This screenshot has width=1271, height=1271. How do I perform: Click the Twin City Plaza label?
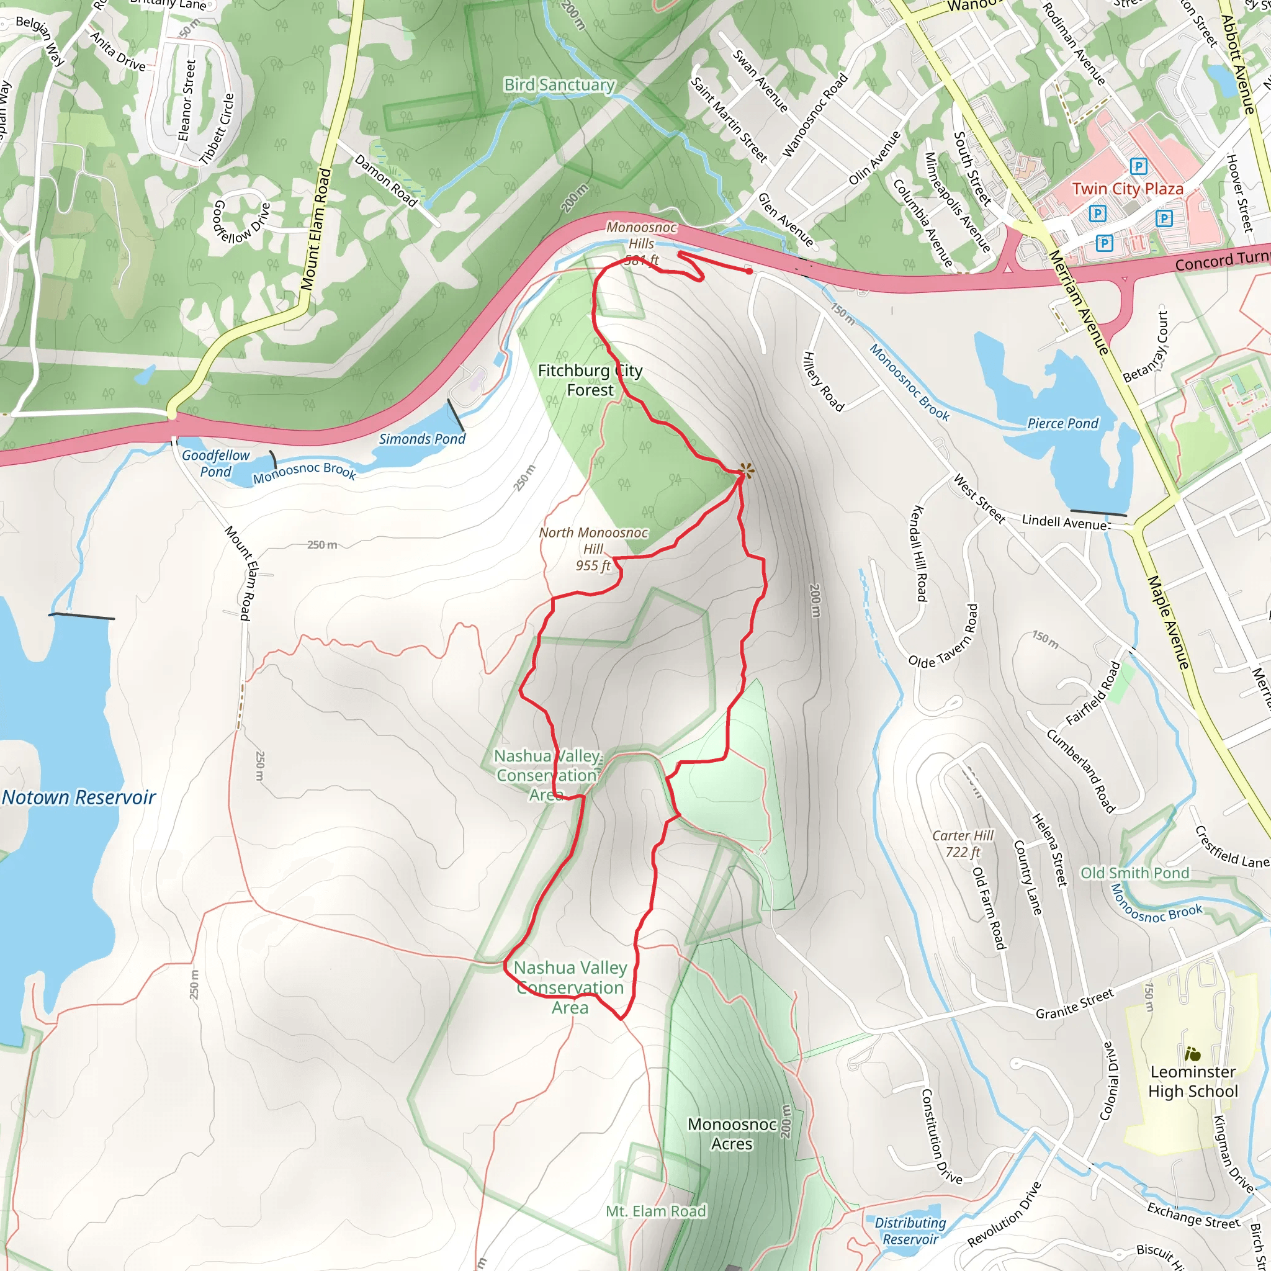pyautogui.click(x=1128, y=189)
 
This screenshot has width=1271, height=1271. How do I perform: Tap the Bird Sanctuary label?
pyautogui.click(x=559, y=85)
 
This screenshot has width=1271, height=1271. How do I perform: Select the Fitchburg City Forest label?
pyautogui.click(x=590, y=380)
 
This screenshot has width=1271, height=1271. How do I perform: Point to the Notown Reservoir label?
pyautogui.click(x=79, y=797)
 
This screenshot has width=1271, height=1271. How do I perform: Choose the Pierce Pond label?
pyautogui.click(x=1063, y=424)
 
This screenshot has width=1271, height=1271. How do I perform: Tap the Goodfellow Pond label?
pyautogui.click(x=216, y=463)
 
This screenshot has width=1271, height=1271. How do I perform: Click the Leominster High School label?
pyautogui.click(x=1193, y=1082)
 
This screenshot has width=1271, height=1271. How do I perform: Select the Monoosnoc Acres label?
pyautogui.click(x=732, y=1134)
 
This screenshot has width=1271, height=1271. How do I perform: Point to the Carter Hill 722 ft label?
pyautogui.click(x=963, y=844)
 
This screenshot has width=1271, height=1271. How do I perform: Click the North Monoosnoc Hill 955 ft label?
pyautogui.click(x=593, y=549)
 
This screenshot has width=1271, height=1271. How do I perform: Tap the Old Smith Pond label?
pyautogui.click(x=1135, y=873)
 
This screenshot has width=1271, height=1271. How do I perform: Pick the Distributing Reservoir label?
pyautogui.click(x=910, y=1231)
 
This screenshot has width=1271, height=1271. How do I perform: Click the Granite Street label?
pyautogui.click(x=1075, y=1004)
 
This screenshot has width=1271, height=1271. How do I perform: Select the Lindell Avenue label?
pyautogui.click(x=1064, y=523)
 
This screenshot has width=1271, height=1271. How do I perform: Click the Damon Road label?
pyautogui.click(x=385, y=180)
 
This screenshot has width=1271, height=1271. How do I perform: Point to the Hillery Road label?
pyautogui.click(x=822, y=382)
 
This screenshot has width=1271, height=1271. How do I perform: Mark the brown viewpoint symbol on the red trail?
pyautogui.click(x=745, y=470)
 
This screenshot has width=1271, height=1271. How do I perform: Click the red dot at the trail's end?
pyautogui.click(x=749, y=271)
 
